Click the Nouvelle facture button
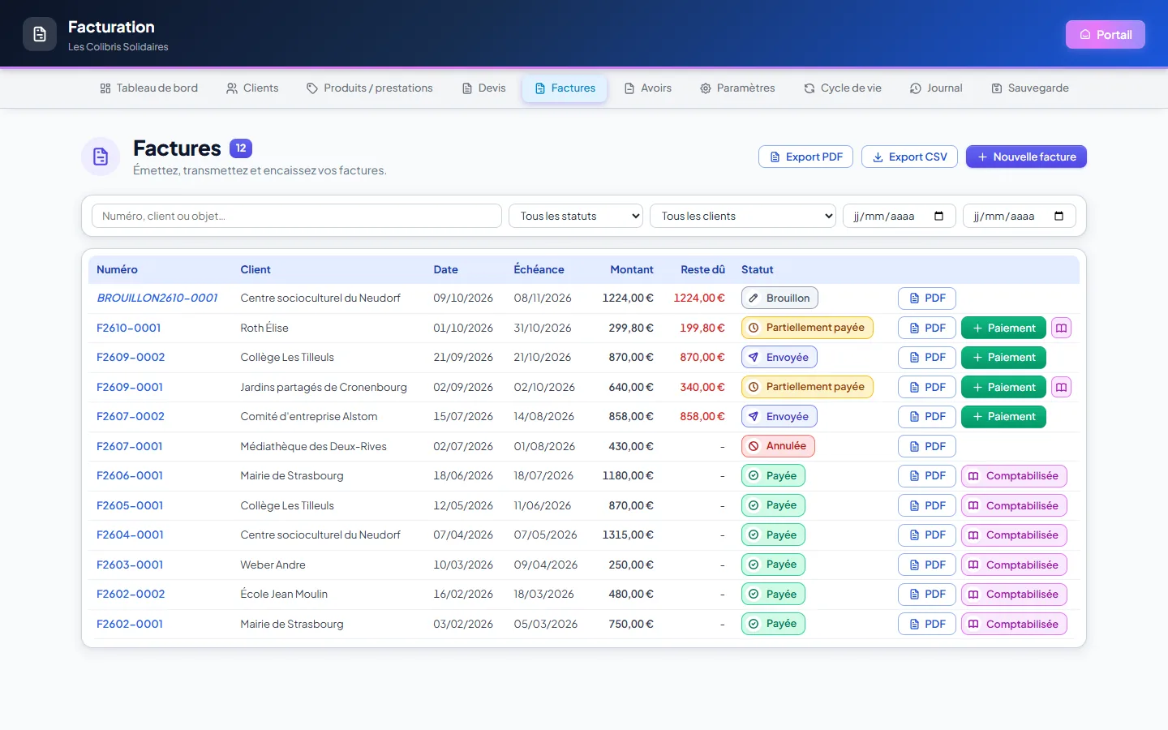coord(1025,157)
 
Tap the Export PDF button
coord(805,157)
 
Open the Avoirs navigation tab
coord(647,88)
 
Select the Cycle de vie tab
coord(843,88)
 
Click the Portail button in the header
coord(1105,34)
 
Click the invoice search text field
coord(296,216)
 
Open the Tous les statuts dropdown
coord(576,216)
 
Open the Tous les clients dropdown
coord(742,216)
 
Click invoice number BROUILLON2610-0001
coord(157,298)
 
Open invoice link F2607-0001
coord(129,446)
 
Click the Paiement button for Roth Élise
coord(1003,328)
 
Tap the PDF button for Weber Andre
coord(926,565)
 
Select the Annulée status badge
coord(778,446)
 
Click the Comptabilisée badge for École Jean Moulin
coord(1014,595)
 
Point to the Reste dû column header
coord(702,269)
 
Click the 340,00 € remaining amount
coord(702,387)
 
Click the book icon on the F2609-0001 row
coord(1061,387)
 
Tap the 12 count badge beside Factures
coord(241,148)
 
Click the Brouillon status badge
coord(779,298)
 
